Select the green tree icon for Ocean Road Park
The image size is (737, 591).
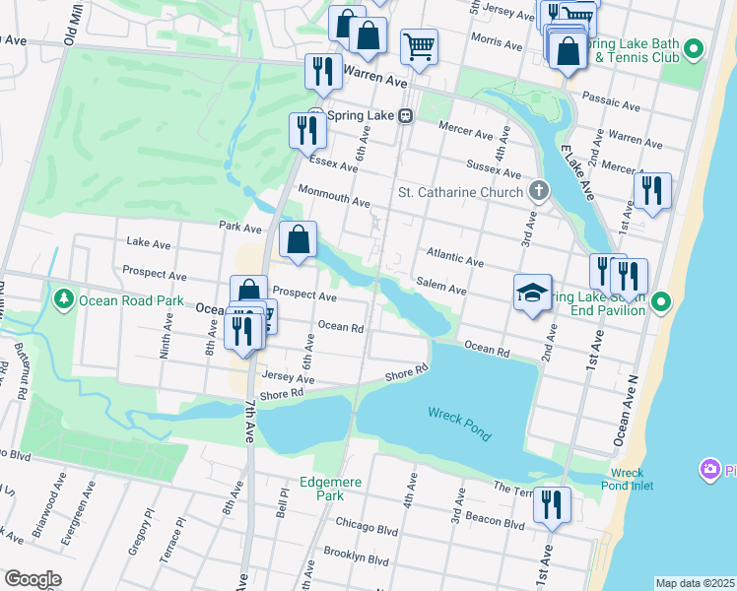65,297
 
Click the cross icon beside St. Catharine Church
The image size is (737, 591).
538,190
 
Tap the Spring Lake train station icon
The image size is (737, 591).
405,115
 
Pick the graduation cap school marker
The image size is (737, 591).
532,294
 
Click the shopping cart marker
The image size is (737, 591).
419,46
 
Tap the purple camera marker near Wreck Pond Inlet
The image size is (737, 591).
709,470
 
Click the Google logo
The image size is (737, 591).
33,579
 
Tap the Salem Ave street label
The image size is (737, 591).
443,288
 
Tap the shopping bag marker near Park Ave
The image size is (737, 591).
298,239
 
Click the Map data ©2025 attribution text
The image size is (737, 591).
694,583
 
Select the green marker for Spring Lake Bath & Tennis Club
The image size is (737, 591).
694,48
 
